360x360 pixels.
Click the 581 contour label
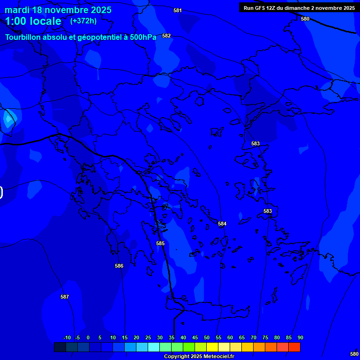[x=177, y=10]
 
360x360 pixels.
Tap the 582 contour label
[x=166, y=36]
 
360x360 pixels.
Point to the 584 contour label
[x=222, y=224]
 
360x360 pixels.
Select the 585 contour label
[x=160, y=243]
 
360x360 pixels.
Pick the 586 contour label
[x=119, y=266]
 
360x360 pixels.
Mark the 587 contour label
[x=65, y=297]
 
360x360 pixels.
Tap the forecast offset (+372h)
[x=83, y=21]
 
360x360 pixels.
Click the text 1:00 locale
[x=33, y=21]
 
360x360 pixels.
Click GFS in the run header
[x=261, y=8]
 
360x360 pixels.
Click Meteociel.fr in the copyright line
[x=216, y=357]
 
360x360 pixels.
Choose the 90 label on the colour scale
[x=300, y=337]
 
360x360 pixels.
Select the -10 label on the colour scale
[x=67, y=337]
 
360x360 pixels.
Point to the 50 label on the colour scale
[x=206, y=337]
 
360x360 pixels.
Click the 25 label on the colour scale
[x=148, y=337]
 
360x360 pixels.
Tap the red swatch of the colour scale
[x=294, y=347]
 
